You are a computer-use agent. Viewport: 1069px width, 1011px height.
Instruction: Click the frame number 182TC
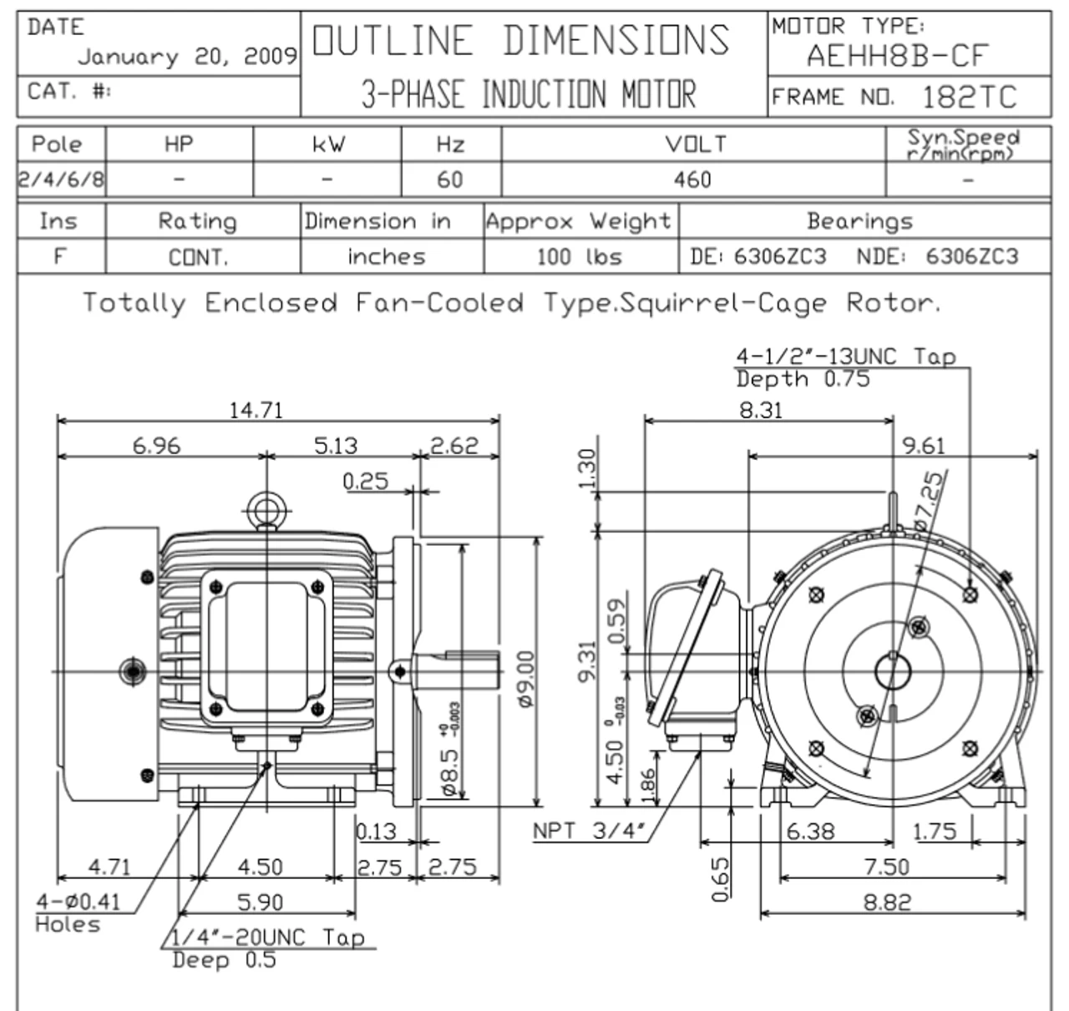[969, 98]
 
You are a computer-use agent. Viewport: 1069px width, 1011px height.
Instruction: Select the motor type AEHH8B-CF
[897, 57]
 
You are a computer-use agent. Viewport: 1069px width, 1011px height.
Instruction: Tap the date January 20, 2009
[187, 57]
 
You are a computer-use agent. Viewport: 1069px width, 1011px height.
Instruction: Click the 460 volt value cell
[692, 179]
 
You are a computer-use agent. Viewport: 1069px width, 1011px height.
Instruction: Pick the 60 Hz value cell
[449, 179]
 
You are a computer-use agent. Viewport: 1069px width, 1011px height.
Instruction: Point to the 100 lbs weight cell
[580, 256]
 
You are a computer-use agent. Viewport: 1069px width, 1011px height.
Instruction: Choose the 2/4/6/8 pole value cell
[61, 179]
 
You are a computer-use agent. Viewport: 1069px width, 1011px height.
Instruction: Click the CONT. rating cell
[199, 257]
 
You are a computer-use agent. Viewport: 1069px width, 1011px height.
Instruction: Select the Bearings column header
[859, 221]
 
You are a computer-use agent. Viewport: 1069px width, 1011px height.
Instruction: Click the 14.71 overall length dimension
[256, 410]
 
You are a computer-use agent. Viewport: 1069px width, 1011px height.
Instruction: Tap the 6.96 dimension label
[156, 446]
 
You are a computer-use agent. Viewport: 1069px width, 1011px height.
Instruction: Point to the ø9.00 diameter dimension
[526, 679]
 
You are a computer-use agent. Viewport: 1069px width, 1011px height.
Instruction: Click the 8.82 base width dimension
[886, 902]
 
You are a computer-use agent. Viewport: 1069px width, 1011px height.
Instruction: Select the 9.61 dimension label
[923, 446]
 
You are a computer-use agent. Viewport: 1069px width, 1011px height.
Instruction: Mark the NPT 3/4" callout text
[590, 832]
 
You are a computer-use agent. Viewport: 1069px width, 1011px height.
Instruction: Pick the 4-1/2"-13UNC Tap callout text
[845, 356]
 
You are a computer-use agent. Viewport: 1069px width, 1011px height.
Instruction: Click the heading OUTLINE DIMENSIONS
[520, 40]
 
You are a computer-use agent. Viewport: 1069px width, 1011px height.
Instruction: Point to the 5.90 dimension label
[260, 902]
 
